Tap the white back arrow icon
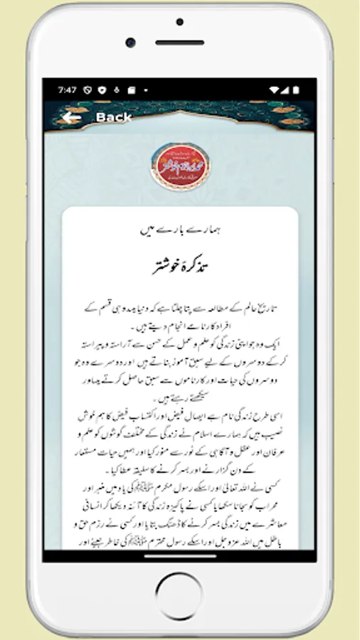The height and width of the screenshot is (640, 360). click(x=70, y=117)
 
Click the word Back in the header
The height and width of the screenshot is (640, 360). click(x=114, y=117)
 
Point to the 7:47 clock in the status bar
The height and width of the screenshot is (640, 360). click(x=68, y=90)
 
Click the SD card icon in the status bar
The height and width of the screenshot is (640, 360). click(x=131, y=90)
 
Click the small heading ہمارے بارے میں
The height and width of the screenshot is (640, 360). click(x=179, y=230)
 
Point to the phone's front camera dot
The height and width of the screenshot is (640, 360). click(x=130, y=43)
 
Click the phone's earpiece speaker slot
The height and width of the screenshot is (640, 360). click(x=179, y=43)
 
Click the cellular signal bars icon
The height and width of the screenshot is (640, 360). click(x=287, y=90)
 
